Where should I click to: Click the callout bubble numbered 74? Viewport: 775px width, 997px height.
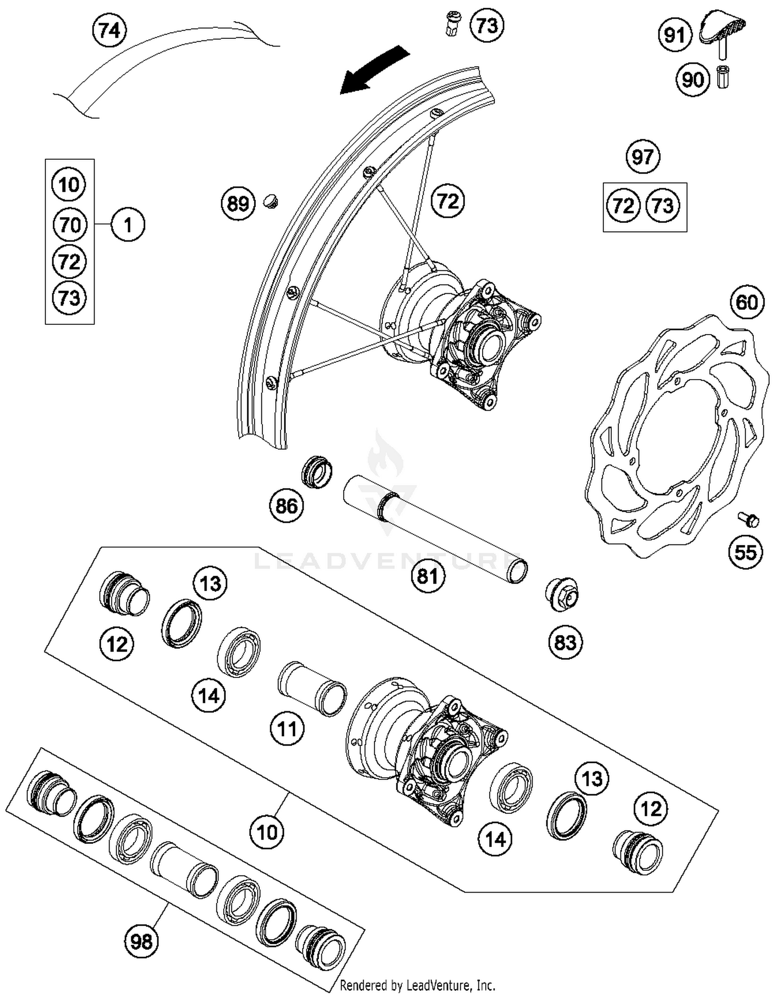click(x=110, y=31)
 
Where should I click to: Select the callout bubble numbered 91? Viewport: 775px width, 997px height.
click(x=675, y=35)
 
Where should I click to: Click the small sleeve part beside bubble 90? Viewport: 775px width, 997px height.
click(x=723, y=77)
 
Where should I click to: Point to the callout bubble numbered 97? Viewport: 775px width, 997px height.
click(x=643, y=156)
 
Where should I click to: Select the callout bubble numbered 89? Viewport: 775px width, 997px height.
click(x=238, y=204)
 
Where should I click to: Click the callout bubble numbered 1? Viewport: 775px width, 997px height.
click(x=128, y=224)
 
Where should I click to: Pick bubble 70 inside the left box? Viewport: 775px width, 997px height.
click(x=70, y=224)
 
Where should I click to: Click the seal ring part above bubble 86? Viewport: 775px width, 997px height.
click(x=317, y=471)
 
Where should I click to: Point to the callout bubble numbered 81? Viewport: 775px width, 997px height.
click(x=428, y=576)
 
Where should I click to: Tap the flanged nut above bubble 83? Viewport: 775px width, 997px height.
click(x=562, y=595)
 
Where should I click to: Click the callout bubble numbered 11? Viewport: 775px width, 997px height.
click(x=287, y=729)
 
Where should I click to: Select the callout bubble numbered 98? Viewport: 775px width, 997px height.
click(x=141, y=941)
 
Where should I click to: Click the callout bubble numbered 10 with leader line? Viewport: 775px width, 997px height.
click(x=267, y=832)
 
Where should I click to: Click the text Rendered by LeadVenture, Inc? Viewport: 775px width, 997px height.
click(x=417, y=985)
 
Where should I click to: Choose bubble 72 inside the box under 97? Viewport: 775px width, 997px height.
click(x=623, y=206)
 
